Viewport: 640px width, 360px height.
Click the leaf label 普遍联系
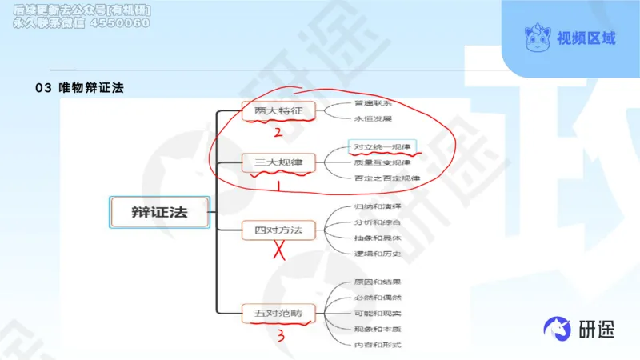coord(373,103)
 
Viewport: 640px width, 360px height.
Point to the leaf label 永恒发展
coord(373,118)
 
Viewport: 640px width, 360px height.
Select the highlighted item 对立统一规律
coord(383,147)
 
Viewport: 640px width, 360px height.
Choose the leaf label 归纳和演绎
coord(377,206)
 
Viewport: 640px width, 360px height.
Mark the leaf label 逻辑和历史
coord(377,253)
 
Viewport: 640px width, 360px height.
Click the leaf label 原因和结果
coord(377,282)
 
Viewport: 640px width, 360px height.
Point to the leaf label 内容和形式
coord(377,345)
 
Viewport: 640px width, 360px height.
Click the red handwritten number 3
coord(281,335)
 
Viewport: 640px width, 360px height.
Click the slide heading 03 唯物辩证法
coord(80,87)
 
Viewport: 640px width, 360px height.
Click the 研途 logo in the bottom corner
coord(578,328)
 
